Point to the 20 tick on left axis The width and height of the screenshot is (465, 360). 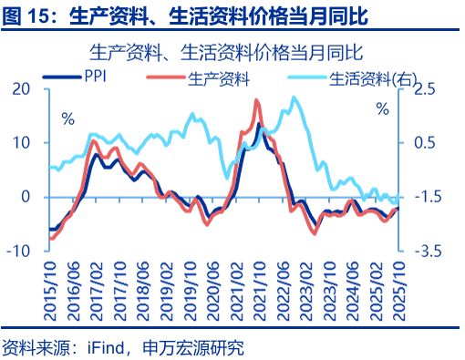(x=20, y=88)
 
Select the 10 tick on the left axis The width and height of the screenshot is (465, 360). (x=20, y=142)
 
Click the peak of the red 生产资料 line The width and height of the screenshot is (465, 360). (x=256, y=100)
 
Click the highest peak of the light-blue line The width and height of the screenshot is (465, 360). (x=293, y=98)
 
